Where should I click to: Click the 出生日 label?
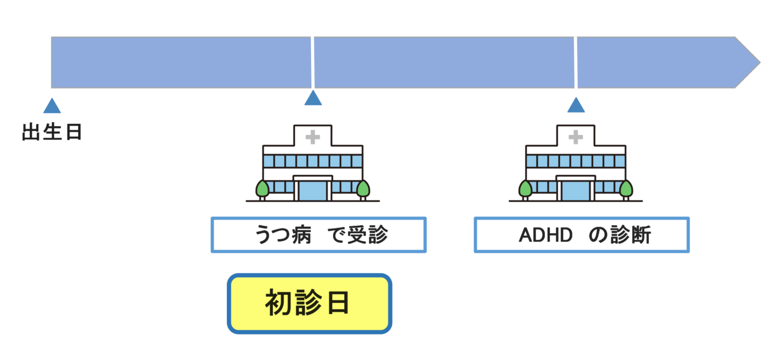(52, 133)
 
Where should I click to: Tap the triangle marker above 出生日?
(52, 106)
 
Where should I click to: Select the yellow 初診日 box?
(309, 303)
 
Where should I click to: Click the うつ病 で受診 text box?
(318, 235)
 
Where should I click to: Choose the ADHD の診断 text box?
(581, 235)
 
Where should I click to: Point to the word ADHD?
(545, 235)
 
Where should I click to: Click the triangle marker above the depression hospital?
(313, 98)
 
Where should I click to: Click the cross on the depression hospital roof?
(313, 137)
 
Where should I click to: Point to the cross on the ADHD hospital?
(576, 137)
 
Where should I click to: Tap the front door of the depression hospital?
(313, 190)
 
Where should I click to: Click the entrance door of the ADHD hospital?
(576, 190)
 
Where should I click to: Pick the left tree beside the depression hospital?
(262, 188)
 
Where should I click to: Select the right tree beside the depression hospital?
(363, 188)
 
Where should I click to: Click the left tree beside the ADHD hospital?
(525, 188)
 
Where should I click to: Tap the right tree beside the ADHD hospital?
(626, 188)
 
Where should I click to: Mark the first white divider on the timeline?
(313, 62)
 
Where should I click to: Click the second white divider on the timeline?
(576, 62)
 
